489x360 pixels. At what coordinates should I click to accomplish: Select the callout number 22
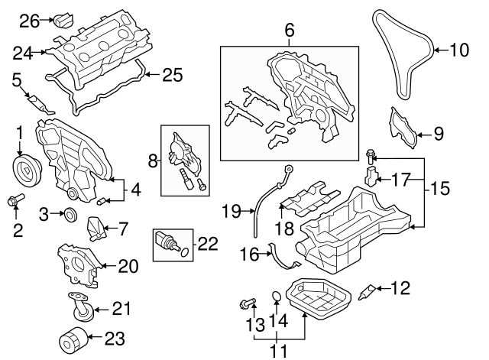point(207,245)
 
